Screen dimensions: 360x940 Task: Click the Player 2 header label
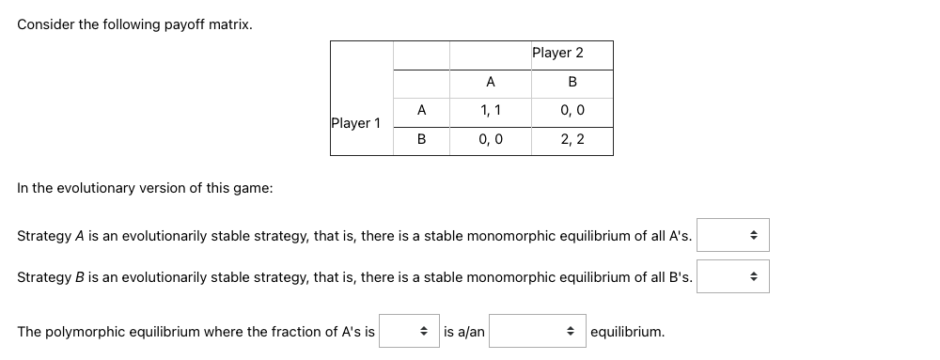(x=557, y=54)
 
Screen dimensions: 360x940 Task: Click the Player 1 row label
(x=356, y=123)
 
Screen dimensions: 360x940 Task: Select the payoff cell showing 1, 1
(x=491, y=111)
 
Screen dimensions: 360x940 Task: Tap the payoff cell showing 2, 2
(x=572, y=140)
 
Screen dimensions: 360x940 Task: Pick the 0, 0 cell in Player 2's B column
(x=572, y=111)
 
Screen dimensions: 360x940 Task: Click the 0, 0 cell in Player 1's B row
(x=491, y=140)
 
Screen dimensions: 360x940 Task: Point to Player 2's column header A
(x=491, y=83)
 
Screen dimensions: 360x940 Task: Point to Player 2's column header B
(x=572, y=83)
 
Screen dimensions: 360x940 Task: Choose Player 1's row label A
(x=421, y=111)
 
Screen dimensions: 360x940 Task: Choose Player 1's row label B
(x=421, y=140)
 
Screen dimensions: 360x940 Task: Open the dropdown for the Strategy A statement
(x=732, y=235)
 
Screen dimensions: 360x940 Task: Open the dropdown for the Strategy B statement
(x=732, y=276)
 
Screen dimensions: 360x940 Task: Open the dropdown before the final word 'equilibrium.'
(x=536, y=332)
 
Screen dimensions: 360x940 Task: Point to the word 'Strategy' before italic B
(x=44, y=277)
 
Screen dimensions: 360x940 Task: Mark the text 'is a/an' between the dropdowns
(x=464, y=332)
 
